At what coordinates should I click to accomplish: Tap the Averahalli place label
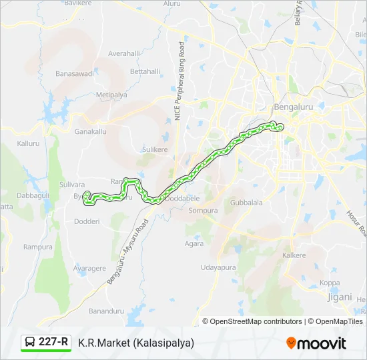(x=124, y=53)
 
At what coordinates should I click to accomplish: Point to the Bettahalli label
(x=145, y=71)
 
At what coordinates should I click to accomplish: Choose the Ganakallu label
(x=90, y=131)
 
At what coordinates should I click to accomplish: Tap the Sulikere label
(x=155, y=150)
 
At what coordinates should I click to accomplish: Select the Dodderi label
(x=86, y=221)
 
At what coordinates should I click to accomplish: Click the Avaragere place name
(x=89, y=269)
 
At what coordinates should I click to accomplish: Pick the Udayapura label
(x=218, y=267)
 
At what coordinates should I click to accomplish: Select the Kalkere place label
(x=294, y=255)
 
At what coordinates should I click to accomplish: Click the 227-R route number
(x=53, y=343)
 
